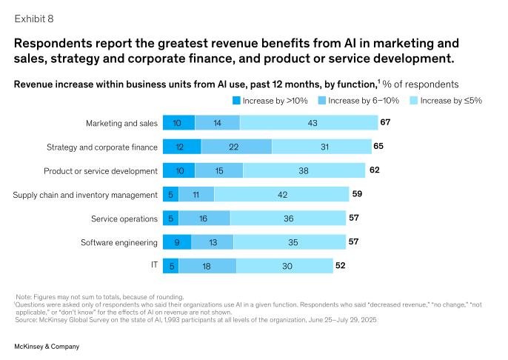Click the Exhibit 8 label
[34, 17]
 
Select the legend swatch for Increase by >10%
[237, 101]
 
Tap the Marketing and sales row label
[121, 123]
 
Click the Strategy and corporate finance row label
[112, 147]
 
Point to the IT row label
[153, 266]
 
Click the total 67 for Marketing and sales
[385, 122]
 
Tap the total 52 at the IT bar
[340, 265]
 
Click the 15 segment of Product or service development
[218, 170]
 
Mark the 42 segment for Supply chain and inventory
[281, 195]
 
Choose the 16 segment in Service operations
[204, 219]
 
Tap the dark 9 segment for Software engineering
[176, 242]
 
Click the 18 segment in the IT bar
[207, 266]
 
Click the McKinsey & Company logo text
[47, 346]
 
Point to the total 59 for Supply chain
[357, 194]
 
